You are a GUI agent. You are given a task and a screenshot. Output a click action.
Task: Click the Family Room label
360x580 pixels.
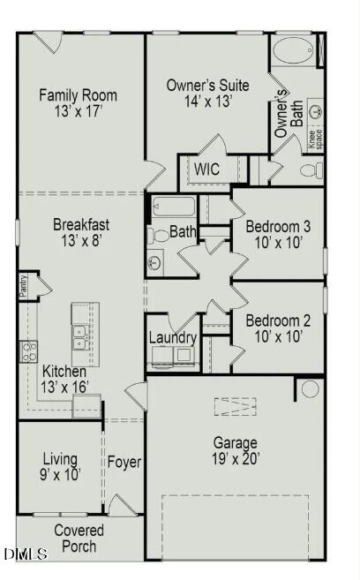pos(78,95)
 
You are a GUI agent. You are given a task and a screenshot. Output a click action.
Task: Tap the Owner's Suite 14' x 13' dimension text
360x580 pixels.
pos(208,102)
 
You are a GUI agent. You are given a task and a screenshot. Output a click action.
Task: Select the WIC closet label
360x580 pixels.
pos(207,168)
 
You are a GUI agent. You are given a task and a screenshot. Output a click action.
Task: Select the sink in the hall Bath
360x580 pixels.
pos(155,262)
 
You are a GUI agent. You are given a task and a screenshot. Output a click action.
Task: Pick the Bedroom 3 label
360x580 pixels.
pos(277,226)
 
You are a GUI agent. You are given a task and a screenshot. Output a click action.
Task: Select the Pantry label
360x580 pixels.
pos(24,287)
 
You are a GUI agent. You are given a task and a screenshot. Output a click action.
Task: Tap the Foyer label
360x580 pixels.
pos(124,462)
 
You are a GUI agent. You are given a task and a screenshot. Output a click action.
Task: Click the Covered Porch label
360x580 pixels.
pos(79,539)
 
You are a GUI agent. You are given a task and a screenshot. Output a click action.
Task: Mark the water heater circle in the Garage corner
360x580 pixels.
pos(309,388)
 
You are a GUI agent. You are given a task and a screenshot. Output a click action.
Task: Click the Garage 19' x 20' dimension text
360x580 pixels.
pos(235,458)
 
